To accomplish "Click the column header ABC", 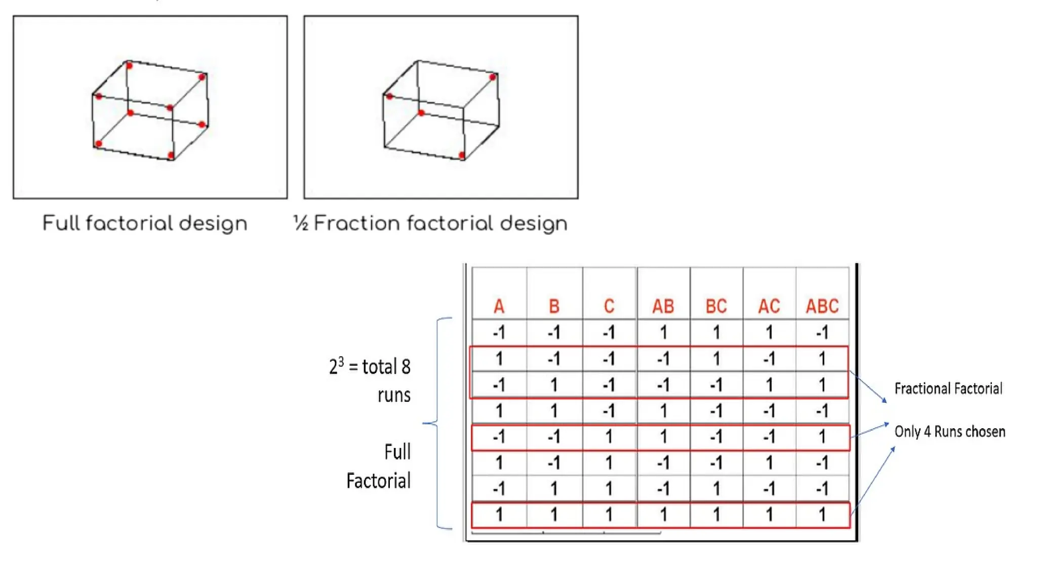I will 822,306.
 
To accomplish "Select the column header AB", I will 663,306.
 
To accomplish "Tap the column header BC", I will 716,306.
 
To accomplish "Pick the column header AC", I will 769,306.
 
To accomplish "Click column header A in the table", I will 499,306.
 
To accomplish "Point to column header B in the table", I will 554,306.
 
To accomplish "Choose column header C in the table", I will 609,306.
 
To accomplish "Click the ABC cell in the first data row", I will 822,332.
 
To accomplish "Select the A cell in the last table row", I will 499,515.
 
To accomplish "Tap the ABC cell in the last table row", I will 822,515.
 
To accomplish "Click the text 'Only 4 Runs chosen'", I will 949,432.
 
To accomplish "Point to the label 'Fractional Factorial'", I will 948,389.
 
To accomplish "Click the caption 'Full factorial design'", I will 145,223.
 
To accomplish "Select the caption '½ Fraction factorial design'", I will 430,223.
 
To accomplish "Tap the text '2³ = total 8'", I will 370,366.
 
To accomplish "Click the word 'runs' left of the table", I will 394,395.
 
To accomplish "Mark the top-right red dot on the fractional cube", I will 493,77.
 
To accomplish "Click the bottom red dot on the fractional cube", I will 462,155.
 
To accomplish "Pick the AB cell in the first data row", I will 663,332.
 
